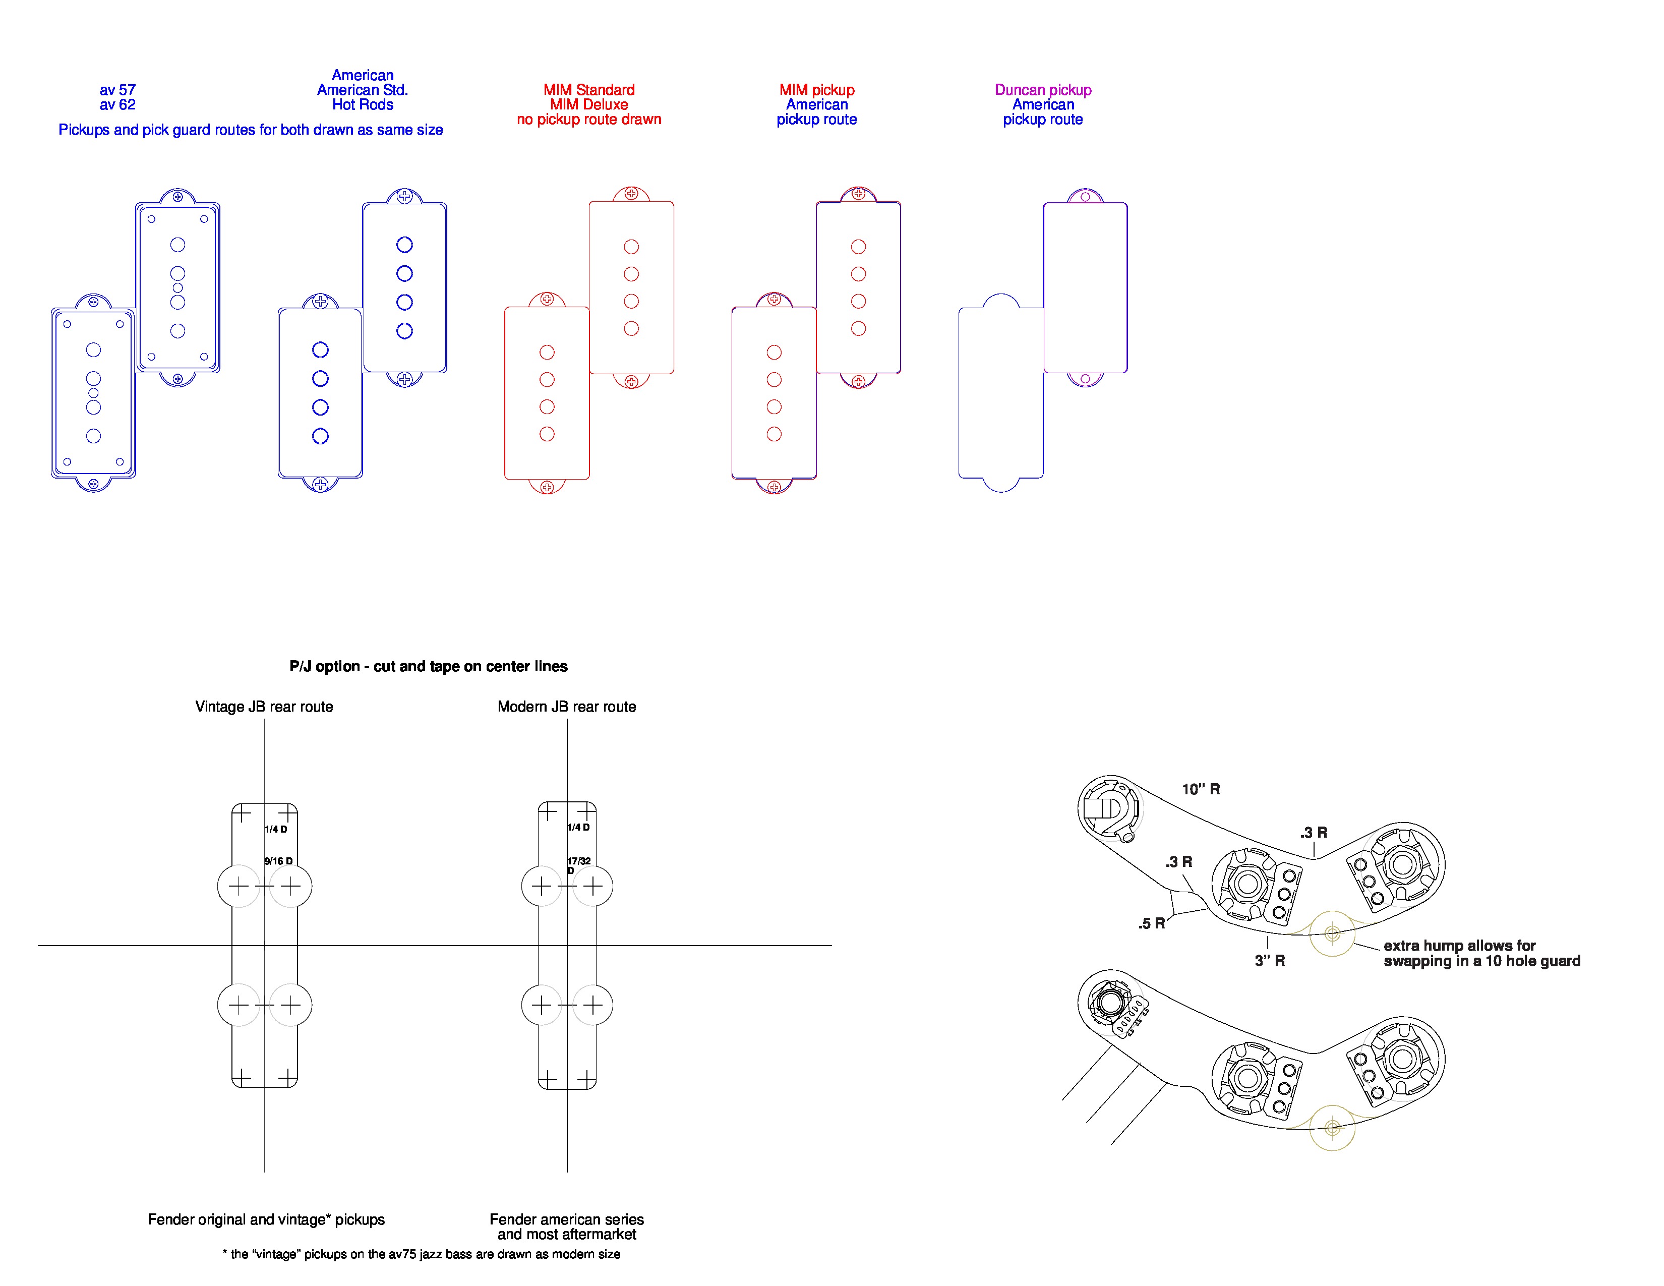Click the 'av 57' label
point(117,90)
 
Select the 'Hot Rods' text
point(363,105)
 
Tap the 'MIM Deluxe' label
point(589,105)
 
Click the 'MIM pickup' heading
point(817,90)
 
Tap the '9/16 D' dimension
point(278,861)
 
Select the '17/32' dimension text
point(578,861)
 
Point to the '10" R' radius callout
point(1201,789)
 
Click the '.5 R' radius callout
point(1151,923)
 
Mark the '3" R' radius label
point(1269,961)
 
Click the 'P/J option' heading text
point(428,667)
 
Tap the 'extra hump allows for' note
point(1459,946)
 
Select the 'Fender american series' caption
point(566,1220)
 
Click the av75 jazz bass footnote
point(422,1254)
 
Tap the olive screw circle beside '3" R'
point(1332,933)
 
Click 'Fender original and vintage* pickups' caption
point(266,1220)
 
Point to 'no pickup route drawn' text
point(589,120)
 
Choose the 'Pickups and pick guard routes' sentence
point(251,130)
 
